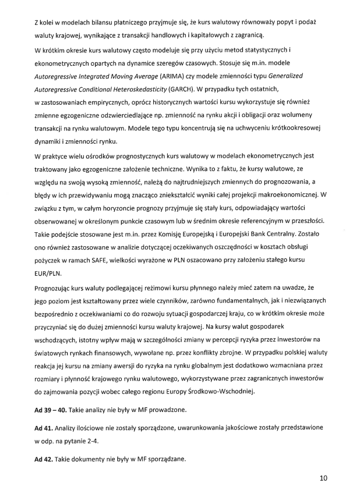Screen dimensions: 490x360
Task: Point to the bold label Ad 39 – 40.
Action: pyautogui.click(x=50, y=410)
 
